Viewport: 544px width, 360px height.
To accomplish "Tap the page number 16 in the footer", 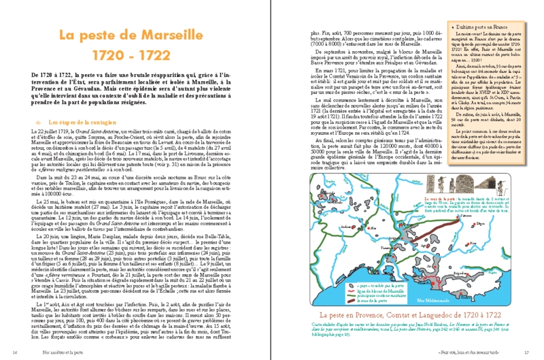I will (x=15, y=352).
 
